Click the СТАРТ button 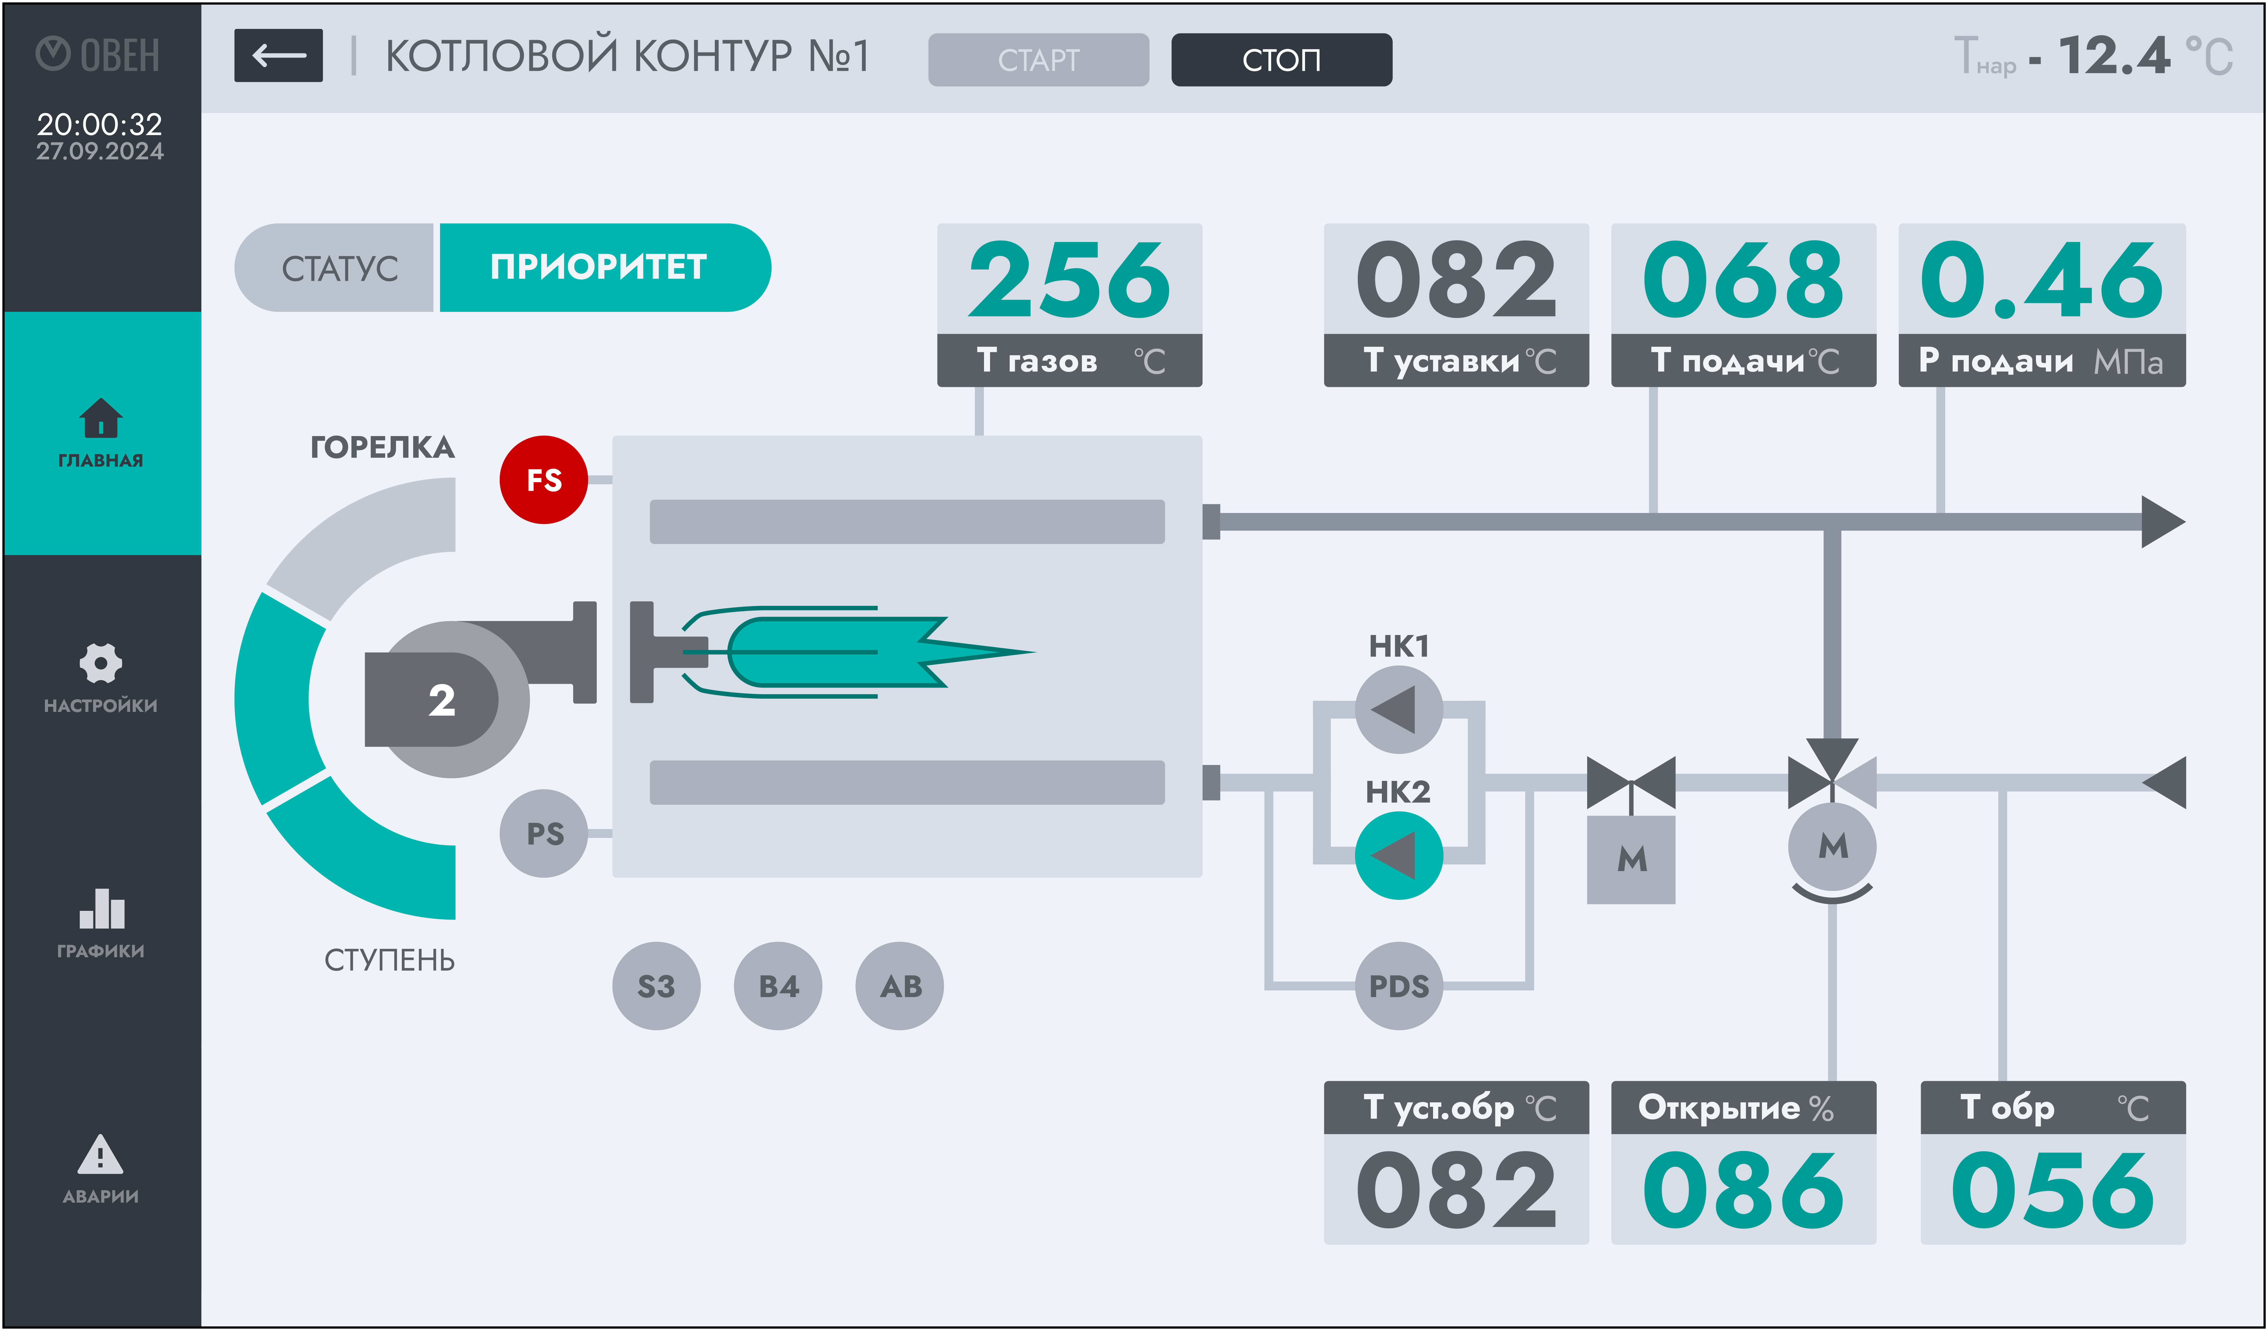[1038, 59]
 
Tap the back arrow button [278, 56]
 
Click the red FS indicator [544, 480]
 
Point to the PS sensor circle [544, 833]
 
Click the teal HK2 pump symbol [1399, 855]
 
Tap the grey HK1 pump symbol [1399, 709]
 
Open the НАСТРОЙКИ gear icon [100, 663]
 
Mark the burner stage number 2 [441, 699]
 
